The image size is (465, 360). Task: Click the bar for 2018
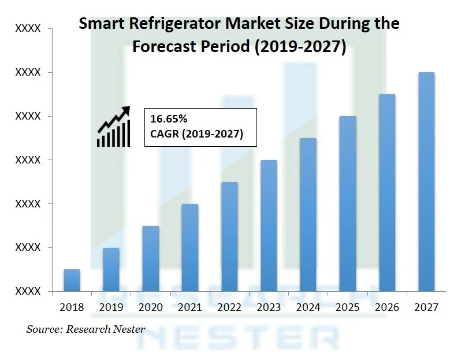(x=72, y=280)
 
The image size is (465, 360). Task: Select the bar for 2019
(x=111, y=269)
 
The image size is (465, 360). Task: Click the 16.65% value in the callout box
(x=169, y=120)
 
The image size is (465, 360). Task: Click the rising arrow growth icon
(x=114, y=125)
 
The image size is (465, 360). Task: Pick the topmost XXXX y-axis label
(x=28, y=28)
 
